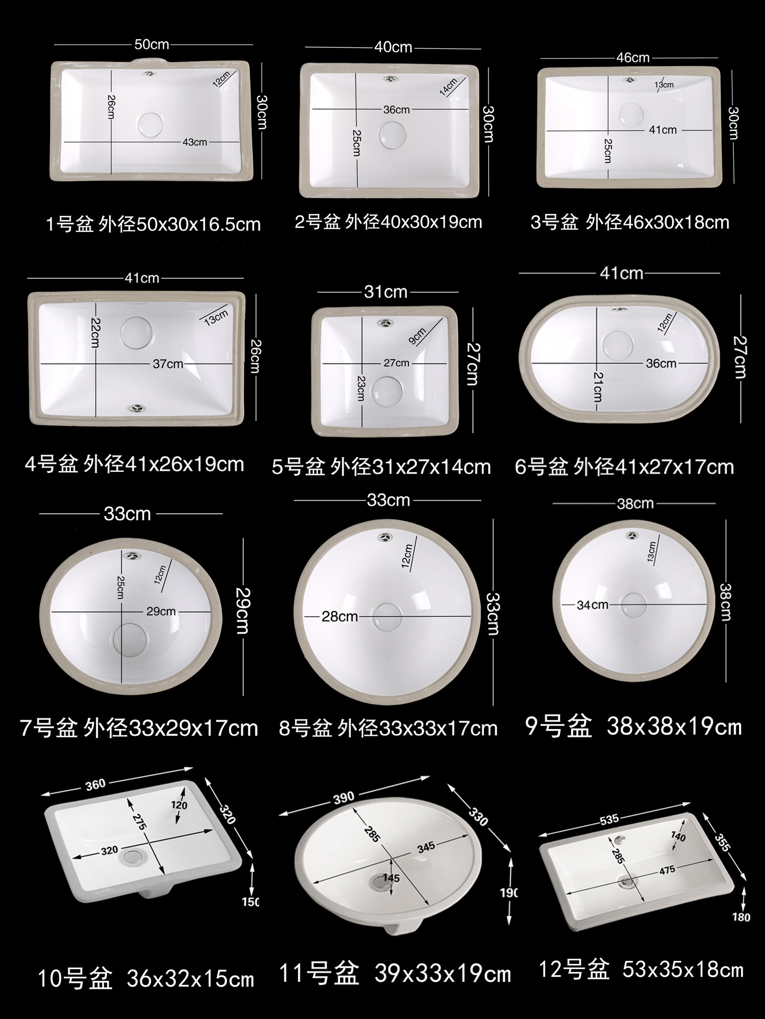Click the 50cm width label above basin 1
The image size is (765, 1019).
click(151, 45)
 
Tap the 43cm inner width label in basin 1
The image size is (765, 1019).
click(195, 142)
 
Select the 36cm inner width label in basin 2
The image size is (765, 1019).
click(396, 110)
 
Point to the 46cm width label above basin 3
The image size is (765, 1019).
click(632, 58)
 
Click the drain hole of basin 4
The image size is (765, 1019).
click(136, 332)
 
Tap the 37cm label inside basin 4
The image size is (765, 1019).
click(168, 364)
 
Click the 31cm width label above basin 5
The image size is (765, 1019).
click(386, 292)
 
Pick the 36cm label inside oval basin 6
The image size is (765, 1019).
click(661, 363)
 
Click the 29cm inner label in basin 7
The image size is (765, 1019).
click(161, 611)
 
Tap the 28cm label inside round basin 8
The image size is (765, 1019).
click(339, 616)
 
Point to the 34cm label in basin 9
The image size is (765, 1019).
click(592, 605)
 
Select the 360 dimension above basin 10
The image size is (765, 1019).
click(95, 785)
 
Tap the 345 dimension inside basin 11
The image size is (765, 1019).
click(426, 846)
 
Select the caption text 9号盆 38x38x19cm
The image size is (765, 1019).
click(633, 727)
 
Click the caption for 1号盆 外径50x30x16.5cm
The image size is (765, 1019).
click(154, 224)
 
